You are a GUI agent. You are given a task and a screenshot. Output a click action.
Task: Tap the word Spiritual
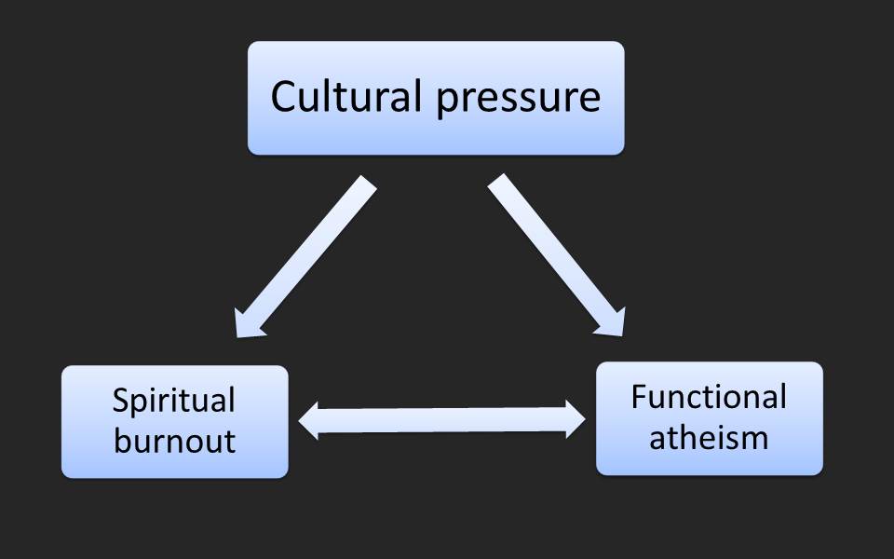(174, 402)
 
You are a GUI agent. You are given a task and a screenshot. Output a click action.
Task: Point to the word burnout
(174, 439)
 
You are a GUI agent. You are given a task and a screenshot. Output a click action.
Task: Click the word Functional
(709, 397)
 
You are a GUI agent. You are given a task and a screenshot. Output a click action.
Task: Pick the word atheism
(709, 436)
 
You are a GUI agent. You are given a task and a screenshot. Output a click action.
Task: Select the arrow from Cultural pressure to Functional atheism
(555, 254)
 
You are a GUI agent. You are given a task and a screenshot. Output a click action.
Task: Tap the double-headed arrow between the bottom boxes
(442, 421)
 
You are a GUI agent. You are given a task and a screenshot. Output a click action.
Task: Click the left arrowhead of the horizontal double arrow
(312, 421)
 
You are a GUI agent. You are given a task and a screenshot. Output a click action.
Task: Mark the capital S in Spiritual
(120, 401)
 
